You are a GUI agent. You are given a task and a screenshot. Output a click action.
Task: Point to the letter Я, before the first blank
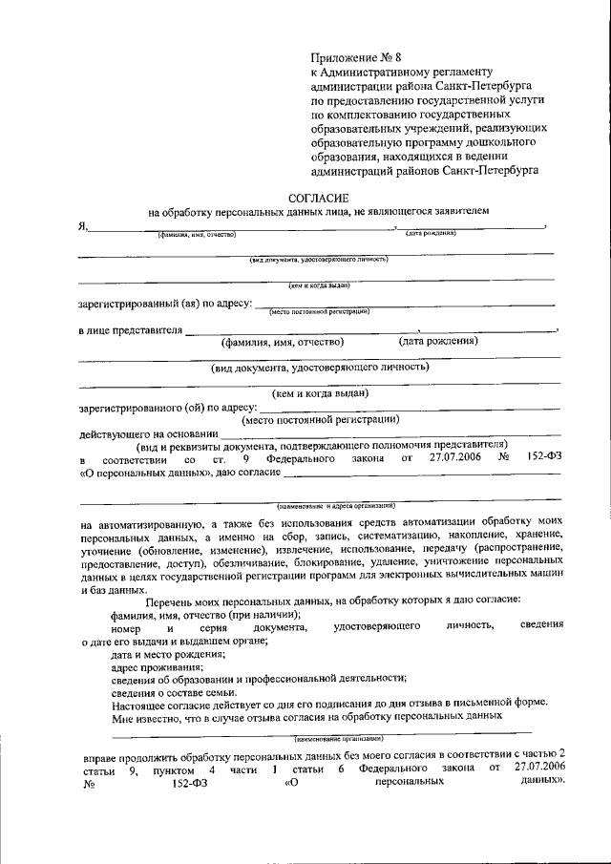(82, 225)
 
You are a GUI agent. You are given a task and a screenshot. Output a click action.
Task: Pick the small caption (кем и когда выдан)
(320, 284)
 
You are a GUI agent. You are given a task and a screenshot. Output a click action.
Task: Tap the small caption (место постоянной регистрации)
(319, 311)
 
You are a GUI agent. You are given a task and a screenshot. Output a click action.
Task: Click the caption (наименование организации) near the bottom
(339, 739)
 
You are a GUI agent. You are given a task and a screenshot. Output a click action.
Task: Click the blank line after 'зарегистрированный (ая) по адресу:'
(401, 305)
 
